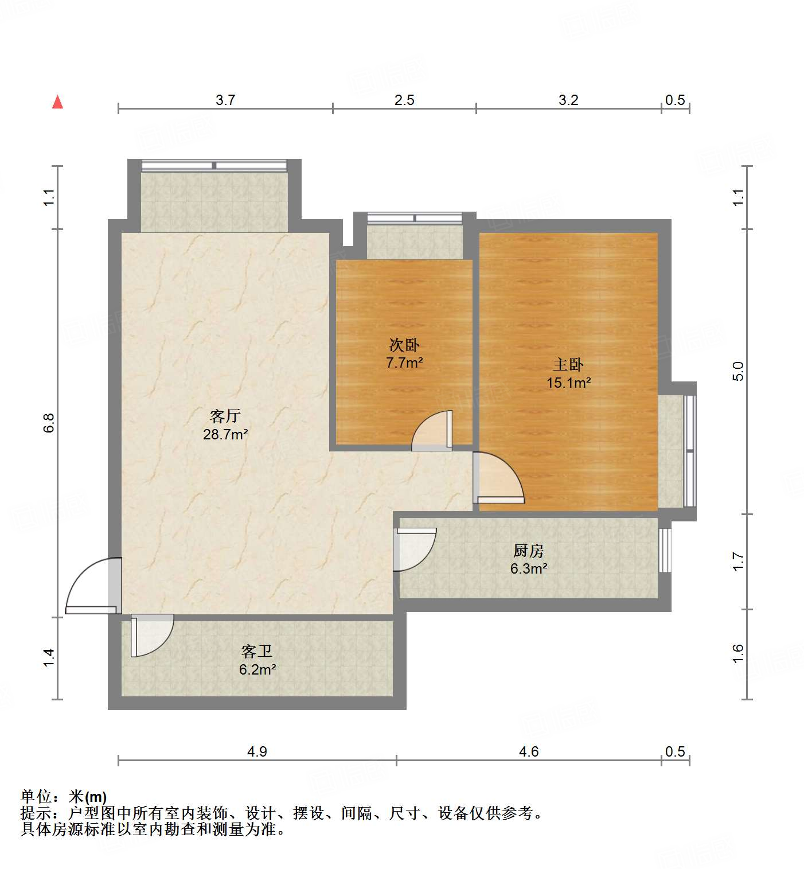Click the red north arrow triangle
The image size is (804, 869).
[57, 102]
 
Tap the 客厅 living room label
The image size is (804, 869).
[225, 416]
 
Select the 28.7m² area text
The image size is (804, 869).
[225, 434]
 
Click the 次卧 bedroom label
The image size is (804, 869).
[404, 345]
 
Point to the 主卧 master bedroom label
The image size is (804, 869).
[568, 364]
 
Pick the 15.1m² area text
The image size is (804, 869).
[568, 383]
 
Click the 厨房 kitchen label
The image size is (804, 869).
[528, 551]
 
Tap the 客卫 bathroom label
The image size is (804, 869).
[257, 651]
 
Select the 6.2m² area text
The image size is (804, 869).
[257, 669]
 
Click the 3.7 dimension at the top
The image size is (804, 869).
[225, 100]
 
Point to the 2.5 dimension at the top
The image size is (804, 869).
[404, 100]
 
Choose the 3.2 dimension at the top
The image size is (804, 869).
[568, 100]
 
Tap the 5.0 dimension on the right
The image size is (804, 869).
[738, 371]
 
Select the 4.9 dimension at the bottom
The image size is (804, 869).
[257, 751]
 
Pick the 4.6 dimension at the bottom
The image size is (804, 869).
[528, 751]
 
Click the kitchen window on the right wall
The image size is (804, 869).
[664, 550]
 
